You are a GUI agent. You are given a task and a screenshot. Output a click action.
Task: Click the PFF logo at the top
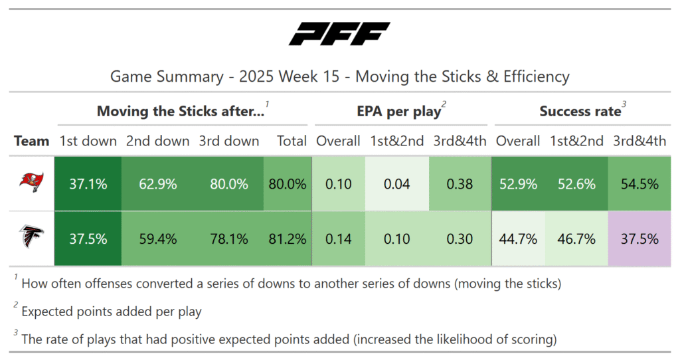(339, 34)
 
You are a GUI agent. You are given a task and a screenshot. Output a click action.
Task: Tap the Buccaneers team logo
(31, 184)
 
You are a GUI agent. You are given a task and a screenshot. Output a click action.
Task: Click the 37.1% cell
(88, 184)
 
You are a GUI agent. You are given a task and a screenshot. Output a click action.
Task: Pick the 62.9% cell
(158, 184)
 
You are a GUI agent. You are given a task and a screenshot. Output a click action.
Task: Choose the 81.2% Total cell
(288, 239)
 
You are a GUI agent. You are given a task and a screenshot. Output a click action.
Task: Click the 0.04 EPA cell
(397, 184)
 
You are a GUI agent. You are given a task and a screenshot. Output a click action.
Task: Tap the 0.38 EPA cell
(460, 184)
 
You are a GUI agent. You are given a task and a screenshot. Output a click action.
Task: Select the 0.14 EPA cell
(339, 239)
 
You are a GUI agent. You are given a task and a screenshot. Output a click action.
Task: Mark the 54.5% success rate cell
(639, 184)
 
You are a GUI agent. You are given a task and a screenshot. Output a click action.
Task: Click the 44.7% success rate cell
(518, 239)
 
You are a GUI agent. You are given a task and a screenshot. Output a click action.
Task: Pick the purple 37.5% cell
(639, 239)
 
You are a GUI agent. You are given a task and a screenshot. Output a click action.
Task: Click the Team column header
(32, 141)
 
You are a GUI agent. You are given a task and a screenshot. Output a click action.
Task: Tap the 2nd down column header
(158, 141)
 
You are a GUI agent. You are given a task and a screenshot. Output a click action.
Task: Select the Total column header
(292, 141)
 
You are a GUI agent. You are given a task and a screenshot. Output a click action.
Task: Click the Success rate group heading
(579, 112)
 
